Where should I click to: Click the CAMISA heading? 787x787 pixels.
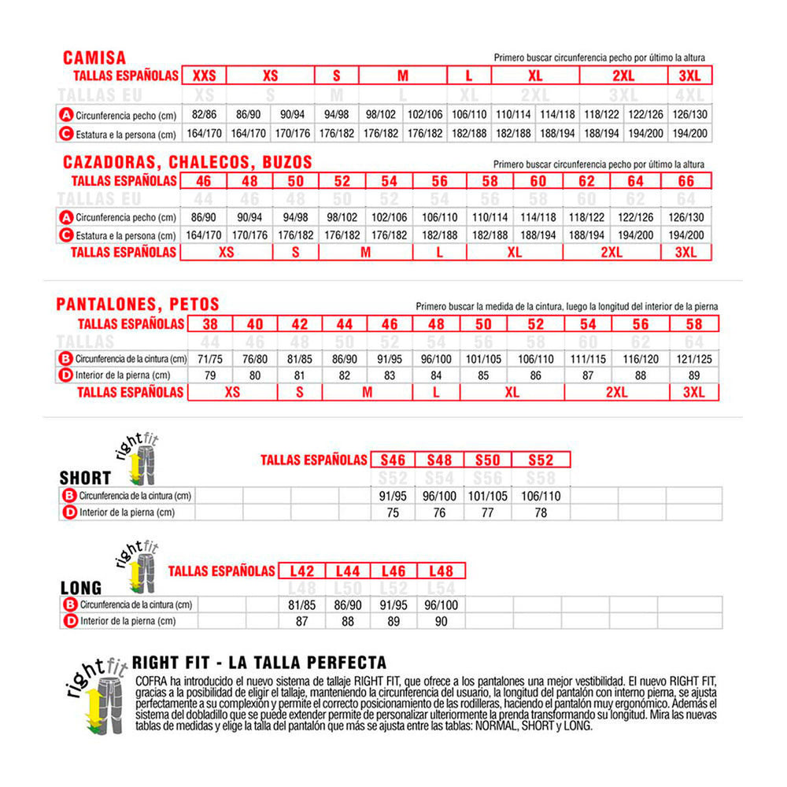click(94, 57)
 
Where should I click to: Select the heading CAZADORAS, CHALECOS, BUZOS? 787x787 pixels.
click(187, 163)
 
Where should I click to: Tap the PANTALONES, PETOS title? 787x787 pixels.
click(138, 305)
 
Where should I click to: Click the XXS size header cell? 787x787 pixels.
click(204, 76)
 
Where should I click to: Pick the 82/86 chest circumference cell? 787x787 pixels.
click(204, 113)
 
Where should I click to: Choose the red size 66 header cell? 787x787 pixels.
click(685, 181)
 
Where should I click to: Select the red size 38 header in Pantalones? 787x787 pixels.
click(210, 323)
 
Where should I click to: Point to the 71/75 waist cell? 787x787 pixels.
click(210, 360)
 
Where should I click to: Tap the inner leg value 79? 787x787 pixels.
click(210, 375)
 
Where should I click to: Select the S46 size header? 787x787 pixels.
click(393, 460)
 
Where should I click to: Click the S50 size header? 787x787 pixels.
click(488, 460)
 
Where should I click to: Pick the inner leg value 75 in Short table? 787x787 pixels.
click(393, 512)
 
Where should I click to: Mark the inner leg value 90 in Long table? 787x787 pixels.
click(440, 621)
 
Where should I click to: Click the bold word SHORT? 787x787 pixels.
click(85, 478)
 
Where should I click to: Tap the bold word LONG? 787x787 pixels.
click(81, 588)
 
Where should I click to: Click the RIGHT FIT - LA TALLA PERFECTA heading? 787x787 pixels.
click(259, 663)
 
